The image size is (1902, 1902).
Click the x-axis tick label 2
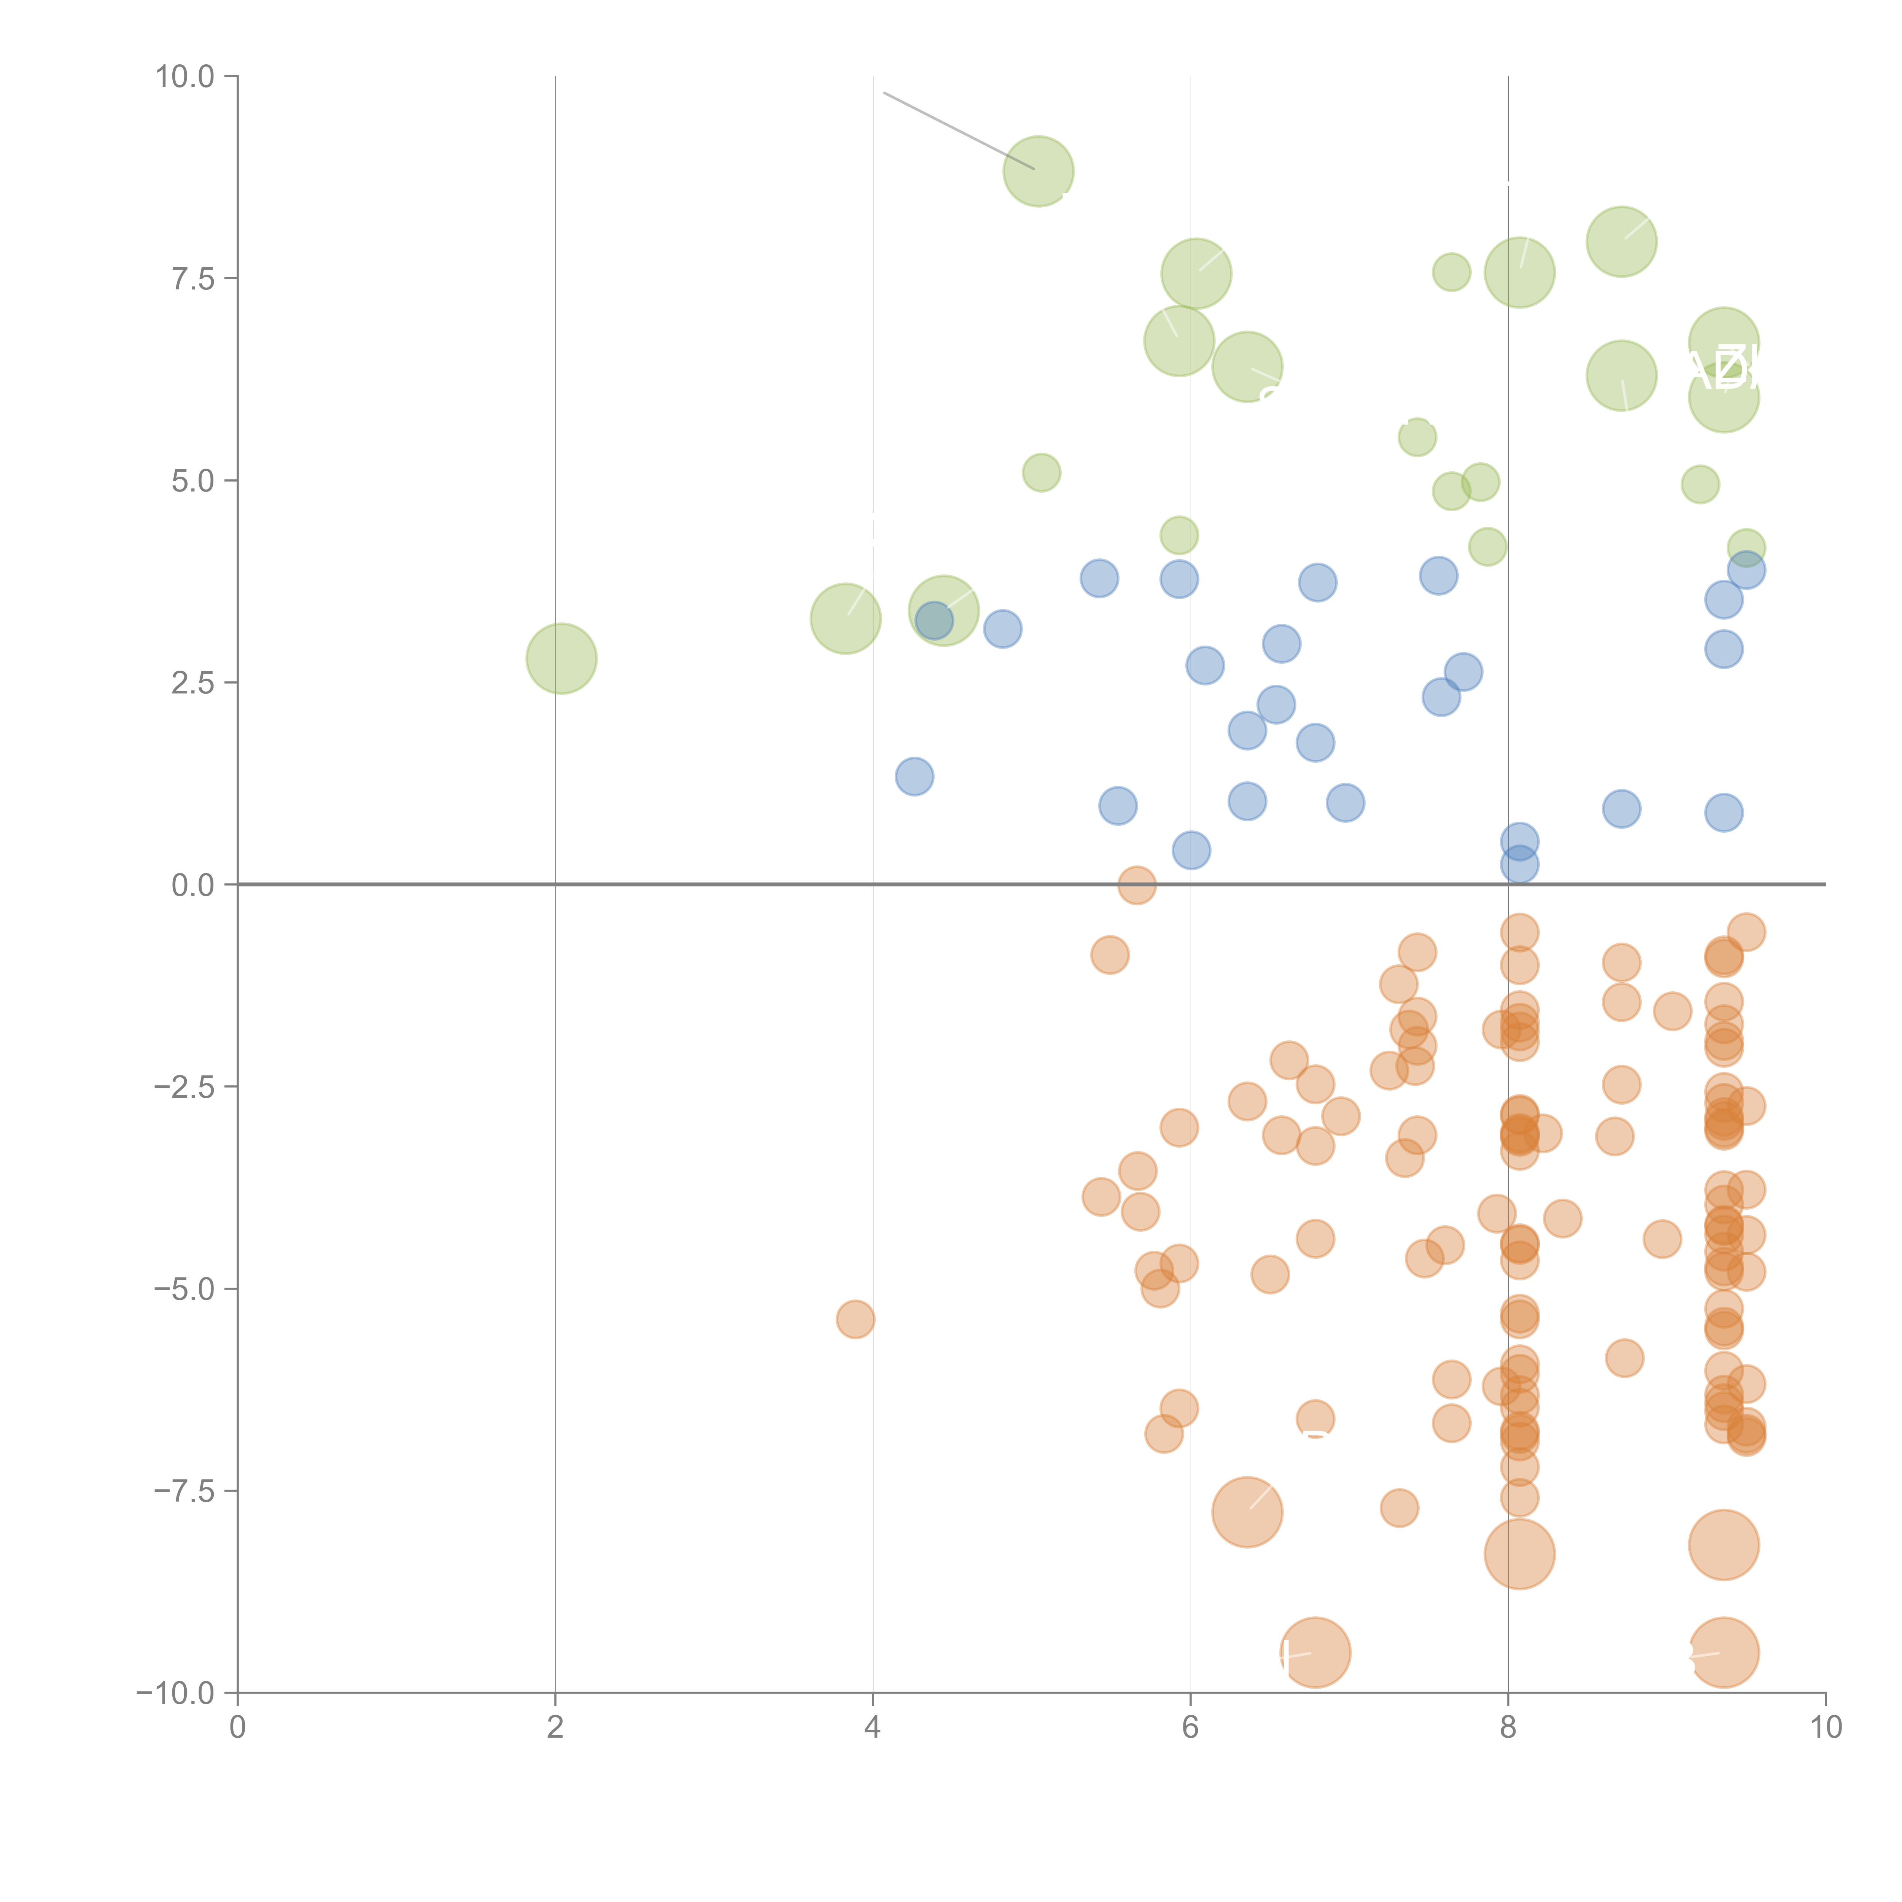[x=555, y=1728]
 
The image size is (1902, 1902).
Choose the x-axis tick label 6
[x=1190, y=1728]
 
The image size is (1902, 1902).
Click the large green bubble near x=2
[x=561, y=658]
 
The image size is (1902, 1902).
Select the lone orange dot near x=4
[x=856, y=1319]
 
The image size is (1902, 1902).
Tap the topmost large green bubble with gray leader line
[x=1038, y=171]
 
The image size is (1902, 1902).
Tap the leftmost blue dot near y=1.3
[x=914, y=777]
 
